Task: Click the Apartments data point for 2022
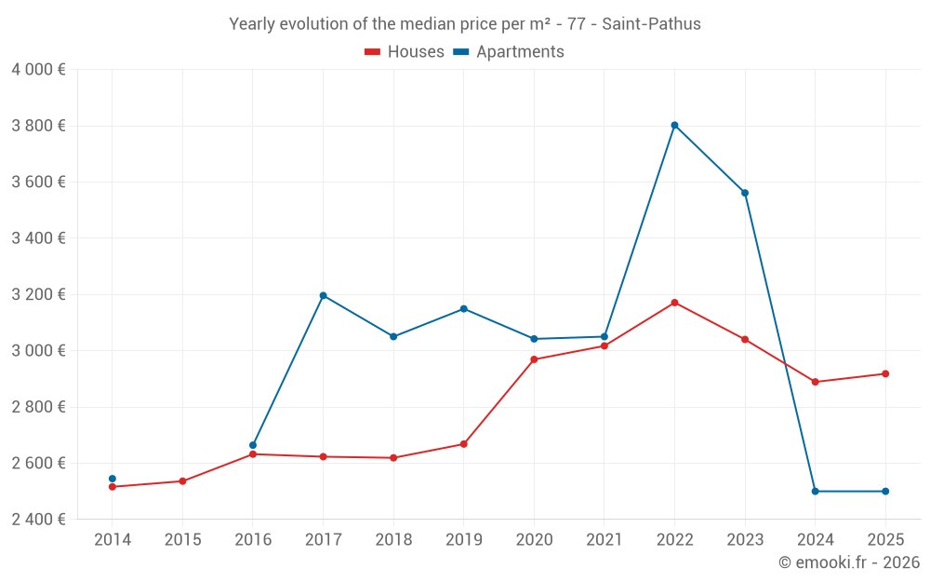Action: pos(674,125)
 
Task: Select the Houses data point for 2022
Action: pos(674,303)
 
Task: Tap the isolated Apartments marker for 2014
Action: pos(113,479)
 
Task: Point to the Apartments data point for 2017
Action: pos(323,295)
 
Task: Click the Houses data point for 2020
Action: pos(534,359)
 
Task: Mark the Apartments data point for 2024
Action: pos(815,491)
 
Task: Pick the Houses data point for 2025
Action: pos(885,373)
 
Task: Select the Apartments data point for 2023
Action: pos(745,193)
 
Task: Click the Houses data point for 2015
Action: pos(182,481)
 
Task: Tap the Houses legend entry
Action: pos(405,52)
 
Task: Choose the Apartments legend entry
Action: pos(509,52)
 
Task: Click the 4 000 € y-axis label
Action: pos(38,70)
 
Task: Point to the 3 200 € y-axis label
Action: pos(38,294)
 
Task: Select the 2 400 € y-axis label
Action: pos(38,520)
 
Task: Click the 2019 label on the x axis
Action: pos(463,540)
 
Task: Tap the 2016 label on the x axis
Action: pos(253,540)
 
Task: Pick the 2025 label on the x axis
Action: pos(885,540)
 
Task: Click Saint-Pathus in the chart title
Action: pos(651,24)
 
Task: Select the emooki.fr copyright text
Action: pos(849,562)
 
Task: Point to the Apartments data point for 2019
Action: pos(463,308)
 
